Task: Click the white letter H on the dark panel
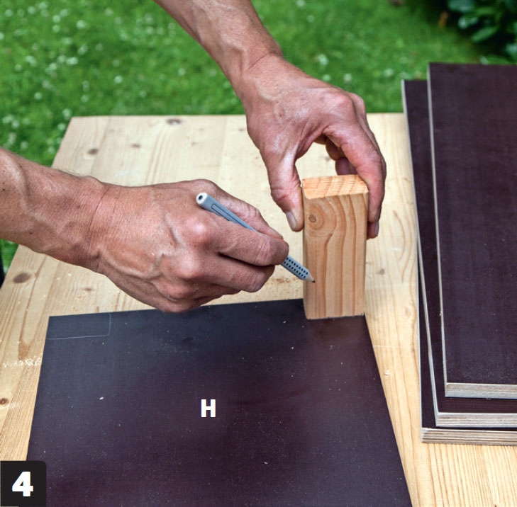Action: coord(208,409)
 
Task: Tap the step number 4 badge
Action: coord(23,484)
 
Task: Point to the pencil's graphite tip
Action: coord(313,281)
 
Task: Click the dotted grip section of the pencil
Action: coord(296,267)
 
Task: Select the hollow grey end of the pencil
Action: coord(202,198)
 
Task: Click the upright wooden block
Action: coord(334,247)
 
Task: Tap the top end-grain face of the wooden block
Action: coord(334,187)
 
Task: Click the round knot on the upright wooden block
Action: coord(311,218)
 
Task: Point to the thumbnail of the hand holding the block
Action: coord(291,221)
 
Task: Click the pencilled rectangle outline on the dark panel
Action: coord(79,326)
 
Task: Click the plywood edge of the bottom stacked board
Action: coord(468,436)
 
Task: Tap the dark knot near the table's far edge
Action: coord(174,121)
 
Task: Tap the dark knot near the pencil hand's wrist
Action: coord(22,278)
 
